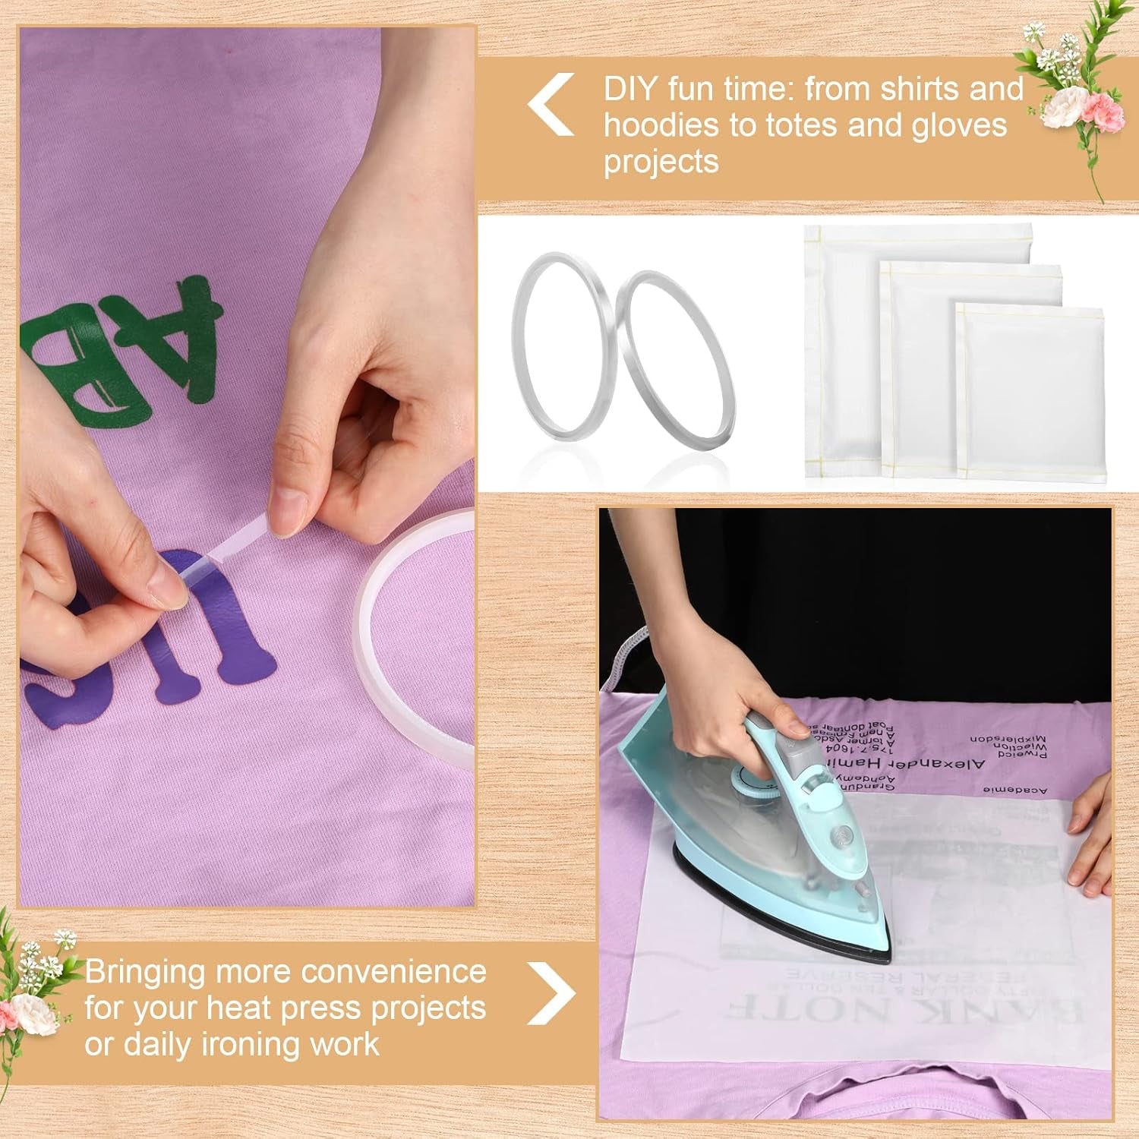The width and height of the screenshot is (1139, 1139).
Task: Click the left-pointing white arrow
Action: point(551,105)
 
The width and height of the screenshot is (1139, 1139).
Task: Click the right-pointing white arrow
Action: point(552,992)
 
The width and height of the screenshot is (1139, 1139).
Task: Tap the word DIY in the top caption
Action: point(629,90)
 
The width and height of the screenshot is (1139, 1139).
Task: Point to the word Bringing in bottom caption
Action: point(144,973)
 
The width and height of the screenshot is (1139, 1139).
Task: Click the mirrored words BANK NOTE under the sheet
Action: point(904,1010)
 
